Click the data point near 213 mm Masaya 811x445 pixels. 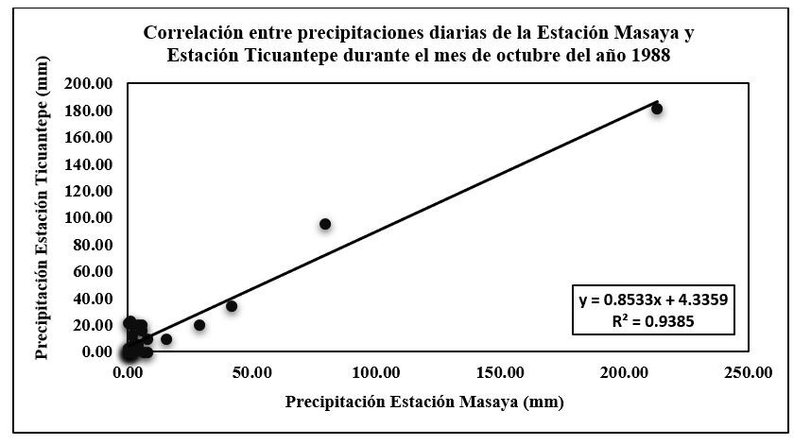657,109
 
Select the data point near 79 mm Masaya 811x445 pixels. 325,224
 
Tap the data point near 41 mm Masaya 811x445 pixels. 231,306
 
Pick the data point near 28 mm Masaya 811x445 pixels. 199,325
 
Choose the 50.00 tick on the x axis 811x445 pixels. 252,372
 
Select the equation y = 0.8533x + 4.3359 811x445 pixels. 652,300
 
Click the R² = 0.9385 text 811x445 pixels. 652,320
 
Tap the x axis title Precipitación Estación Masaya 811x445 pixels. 425,402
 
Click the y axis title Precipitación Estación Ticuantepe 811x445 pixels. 43,218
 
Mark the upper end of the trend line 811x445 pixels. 658,101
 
